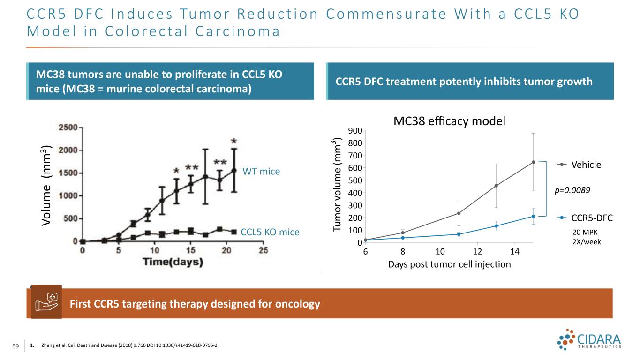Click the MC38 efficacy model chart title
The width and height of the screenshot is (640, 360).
[449, 121]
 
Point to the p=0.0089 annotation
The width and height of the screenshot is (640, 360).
[572, 190]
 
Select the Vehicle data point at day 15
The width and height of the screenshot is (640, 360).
[534, 162]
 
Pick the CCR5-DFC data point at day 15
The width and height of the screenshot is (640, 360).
[534, 216]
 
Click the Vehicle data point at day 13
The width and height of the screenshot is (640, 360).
[496, 186]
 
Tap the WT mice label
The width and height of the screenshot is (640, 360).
[261, 172]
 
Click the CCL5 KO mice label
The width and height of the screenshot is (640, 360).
[270, 232]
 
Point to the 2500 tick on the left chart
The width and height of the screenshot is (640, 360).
[68, 127]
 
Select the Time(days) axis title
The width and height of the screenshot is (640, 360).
[173, 262]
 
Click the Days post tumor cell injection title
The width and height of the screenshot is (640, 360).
[449, 264]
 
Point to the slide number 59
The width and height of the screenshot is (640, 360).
[15, 346]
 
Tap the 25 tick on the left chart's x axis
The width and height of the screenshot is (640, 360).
[264, 250]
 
